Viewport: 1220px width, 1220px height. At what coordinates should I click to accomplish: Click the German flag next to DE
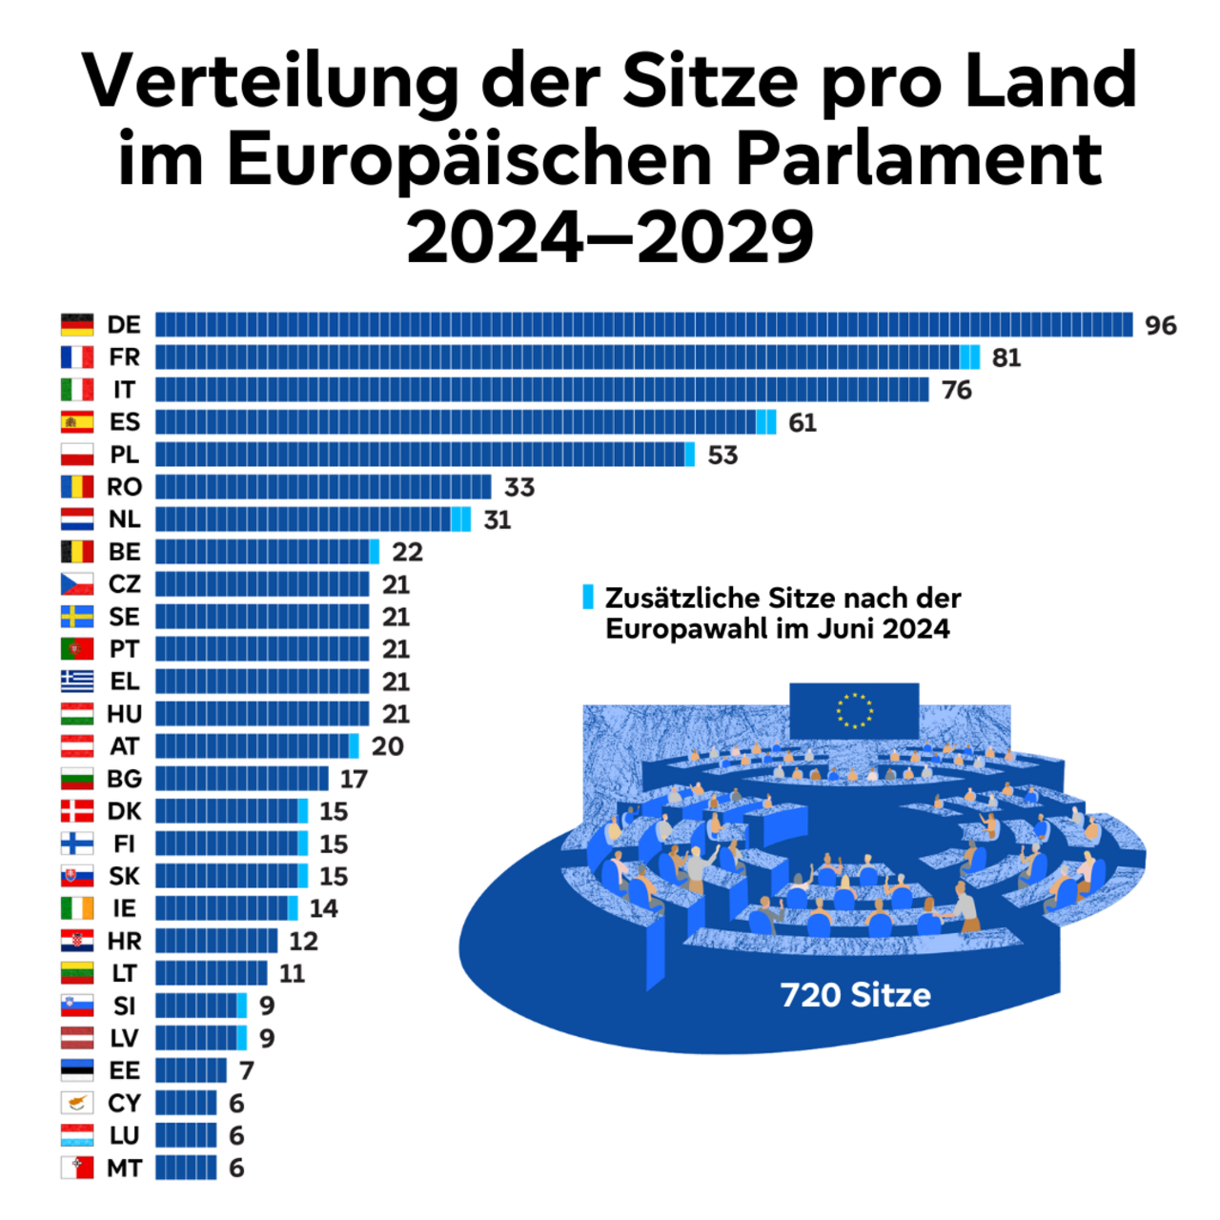tap(77, 325)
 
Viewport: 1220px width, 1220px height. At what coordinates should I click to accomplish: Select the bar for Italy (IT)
tap(541, 390)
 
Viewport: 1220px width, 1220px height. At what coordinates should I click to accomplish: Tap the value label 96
tap(1160, 326)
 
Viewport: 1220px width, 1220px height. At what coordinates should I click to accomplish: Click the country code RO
tap(124, 487)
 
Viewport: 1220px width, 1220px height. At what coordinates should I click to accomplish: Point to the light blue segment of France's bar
tap(970, 357)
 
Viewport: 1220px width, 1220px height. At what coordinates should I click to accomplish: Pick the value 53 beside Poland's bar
tap(722, 456)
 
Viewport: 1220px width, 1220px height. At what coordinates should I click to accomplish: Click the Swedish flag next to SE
tap(77, 617)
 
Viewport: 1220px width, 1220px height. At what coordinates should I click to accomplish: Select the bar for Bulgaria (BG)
tap(242, 779)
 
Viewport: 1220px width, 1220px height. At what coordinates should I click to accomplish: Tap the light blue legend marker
tap(588, 598)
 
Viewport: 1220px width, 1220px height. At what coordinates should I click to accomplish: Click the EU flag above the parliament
tap(854, 710)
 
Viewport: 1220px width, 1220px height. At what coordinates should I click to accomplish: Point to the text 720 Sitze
tap(855, 995)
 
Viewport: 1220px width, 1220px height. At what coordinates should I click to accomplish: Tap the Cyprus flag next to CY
tap(77, 1103)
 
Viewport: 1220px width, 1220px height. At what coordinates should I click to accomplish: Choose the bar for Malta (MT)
tap(186, 1168)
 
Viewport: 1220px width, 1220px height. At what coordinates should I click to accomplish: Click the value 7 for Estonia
tap(246, 1071)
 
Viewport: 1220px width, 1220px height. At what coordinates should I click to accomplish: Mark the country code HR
tap(124, 942)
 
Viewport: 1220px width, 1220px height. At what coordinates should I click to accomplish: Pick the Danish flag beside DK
tap(77, 811)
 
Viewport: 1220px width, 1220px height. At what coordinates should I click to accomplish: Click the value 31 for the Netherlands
tap(497, 520)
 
